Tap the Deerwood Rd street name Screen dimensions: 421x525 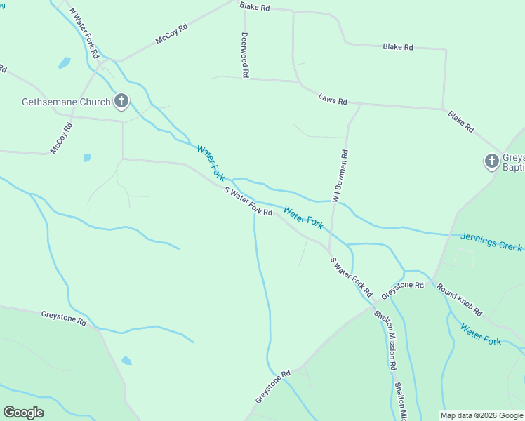(245, 54)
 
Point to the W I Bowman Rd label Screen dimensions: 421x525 (340, 178)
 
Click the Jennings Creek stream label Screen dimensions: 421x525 (491, 242)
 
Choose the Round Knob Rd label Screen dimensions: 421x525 (460, 300)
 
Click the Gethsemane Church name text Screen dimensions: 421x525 (66, 102)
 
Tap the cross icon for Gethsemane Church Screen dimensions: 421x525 (121, 102)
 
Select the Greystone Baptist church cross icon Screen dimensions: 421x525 (491, 161)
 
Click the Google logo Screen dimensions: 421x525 (23, 413)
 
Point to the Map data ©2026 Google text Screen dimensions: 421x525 (481, 415)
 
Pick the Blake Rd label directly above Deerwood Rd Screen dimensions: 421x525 (254, 6)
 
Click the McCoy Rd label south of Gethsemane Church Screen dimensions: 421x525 (62, 138)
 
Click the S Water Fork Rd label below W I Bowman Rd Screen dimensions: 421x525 (351, 276)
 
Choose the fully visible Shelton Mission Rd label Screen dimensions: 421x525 (386, 340)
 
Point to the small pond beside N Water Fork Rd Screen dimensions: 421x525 (65, 63)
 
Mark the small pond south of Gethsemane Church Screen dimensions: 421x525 (87, 158)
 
